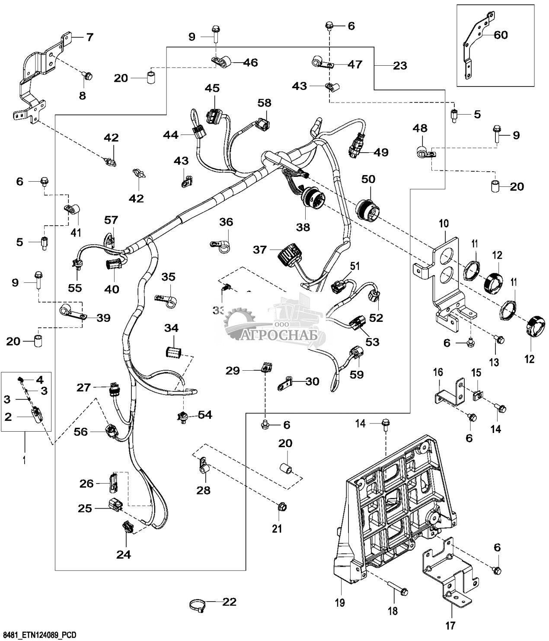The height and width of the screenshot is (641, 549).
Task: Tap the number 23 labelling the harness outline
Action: [400, 66]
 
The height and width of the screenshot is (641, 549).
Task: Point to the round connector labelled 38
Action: [308, 199]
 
